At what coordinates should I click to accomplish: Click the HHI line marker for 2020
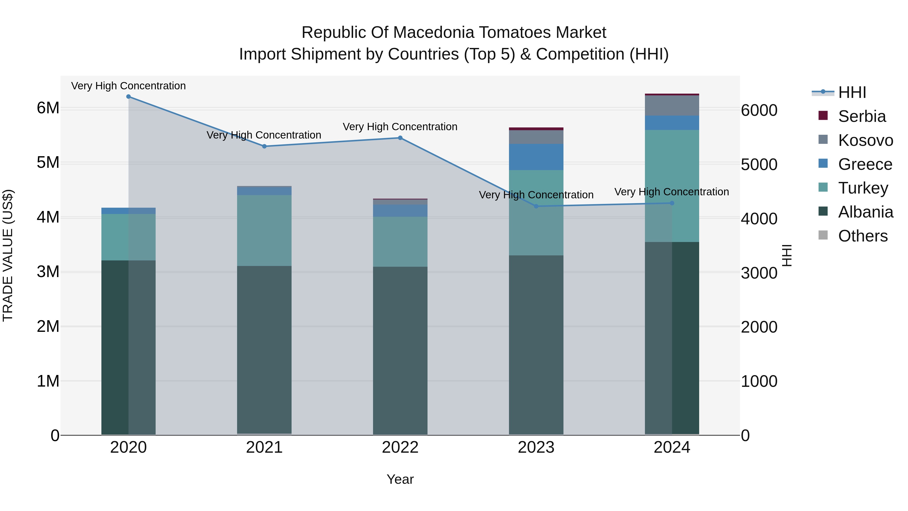tap(128, 97)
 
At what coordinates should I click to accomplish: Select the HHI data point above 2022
tap(400, 138)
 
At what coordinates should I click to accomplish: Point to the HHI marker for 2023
tap(536, 206)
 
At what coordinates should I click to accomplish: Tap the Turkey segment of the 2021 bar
tap(264, 230)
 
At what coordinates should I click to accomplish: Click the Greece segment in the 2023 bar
tap(536, 157)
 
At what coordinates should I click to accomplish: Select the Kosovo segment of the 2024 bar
tap(672, 105)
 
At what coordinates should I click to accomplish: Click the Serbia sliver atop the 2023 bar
tap(536, 129)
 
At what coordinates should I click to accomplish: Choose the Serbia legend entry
tap(862, 116)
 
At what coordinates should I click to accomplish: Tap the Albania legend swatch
tap(823, 212)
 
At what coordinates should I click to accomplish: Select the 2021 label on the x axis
tap(264, 447)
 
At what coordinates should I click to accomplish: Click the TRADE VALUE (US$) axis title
tap(8, 255)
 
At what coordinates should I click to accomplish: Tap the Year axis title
tap(400, 479)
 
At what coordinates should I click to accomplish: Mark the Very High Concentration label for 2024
tap(671, 192)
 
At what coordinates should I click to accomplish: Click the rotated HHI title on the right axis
tap(787, 255)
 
